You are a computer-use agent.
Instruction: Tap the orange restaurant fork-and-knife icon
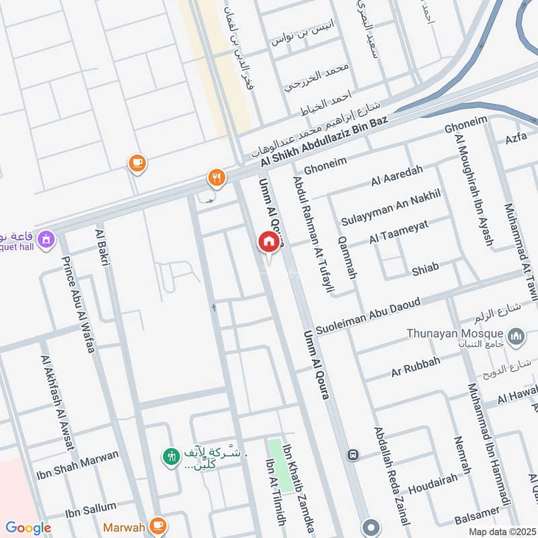(216, 178)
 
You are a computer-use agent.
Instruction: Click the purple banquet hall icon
(46, 239)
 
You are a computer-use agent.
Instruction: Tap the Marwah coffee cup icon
(158, 524)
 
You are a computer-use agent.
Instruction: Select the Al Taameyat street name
(398, 233)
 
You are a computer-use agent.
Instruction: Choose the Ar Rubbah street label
(416, 367)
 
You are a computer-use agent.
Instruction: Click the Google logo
(28, 528)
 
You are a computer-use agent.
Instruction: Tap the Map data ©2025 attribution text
(501, 531)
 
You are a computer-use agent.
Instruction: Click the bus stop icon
(352, 455)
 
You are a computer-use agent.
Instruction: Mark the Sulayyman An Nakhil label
(390, 208)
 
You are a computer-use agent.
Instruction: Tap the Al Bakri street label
(104, 247)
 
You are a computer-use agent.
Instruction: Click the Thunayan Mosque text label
(454, 334)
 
